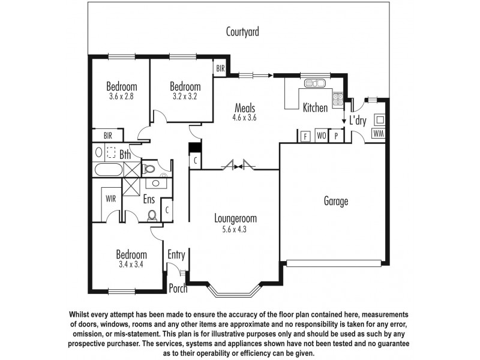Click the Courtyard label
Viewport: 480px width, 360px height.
click(x=242, y=32)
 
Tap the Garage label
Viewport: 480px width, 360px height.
click(x=335, y=202)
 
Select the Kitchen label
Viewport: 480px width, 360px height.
click(x=315, y=108)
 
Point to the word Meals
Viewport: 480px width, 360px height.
click(x=245, y=109)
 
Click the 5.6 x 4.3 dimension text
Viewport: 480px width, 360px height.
click(x=235, y=229)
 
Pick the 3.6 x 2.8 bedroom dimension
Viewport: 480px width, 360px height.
click(x=122, y=95)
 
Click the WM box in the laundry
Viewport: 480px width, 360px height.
click(x=378, y=133)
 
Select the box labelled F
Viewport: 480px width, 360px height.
click(x=305, y=136)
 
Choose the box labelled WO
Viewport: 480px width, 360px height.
click(x=321, y=136)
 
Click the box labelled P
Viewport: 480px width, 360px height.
click(x=336, y=136)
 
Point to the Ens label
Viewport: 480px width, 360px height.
click(x=149, y=199)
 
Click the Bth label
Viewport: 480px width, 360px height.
click(x=125, y=155)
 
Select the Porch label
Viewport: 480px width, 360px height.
click(x=178, y=289)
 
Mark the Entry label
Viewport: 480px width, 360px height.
click(x=176, y=255)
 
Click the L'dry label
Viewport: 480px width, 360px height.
click(x=358, y=120)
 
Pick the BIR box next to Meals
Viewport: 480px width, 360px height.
click(x=220, y=69)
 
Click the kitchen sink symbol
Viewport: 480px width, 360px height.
click(x=312, y=84)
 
